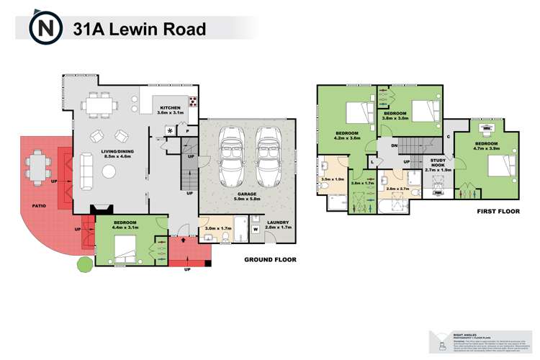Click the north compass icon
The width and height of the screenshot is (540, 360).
pyautogui.click(x=44, y=29)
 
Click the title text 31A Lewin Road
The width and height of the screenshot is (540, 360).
pyautogui.click(x=139, y=29)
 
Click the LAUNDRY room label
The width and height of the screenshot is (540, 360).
pyautogui.click(x=278, y=224)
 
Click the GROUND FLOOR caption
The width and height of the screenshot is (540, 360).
pyautogui.click(x=270, y=260)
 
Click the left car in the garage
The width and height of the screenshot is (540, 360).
pyautogui.click(x=232, y=156)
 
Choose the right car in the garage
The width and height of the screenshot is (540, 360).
pyautogui.click(x=268, y=156)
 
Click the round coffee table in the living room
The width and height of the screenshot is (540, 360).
pyautogui.click(x=109, y=172)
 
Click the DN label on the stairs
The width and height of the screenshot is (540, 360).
pyautogui.click(x=395, y=146)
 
